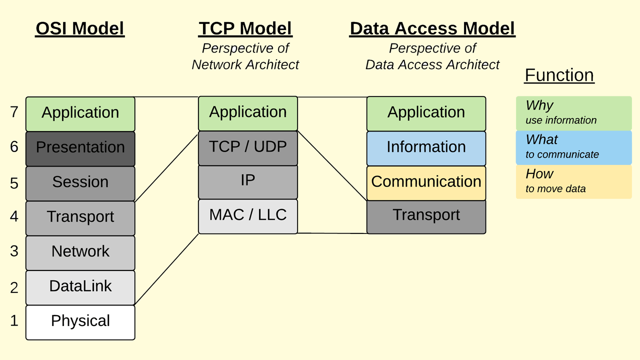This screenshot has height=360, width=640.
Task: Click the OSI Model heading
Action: point(80,28)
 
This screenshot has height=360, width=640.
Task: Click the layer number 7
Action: point(14,112)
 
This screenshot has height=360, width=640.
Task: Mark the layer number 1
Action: point(14,320)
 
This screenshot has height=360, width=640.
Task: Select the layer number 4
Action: point(14,216)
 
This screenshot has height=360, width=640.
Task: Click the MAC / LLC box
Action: point(248,216)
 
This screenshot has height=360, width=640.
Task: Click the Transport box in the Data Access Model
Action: point(426,216)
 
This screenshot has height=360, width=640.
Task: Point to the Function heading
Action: point(559,75)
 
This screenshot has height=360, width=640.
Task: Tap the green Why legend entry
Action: point(573,113)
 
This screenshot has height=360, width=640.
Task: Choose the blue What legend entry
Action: point(573,147)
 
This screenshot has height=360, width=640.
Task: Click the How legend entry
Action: point(573,181)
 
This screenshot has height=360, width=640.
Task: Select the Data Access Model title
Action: point(432,28)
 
